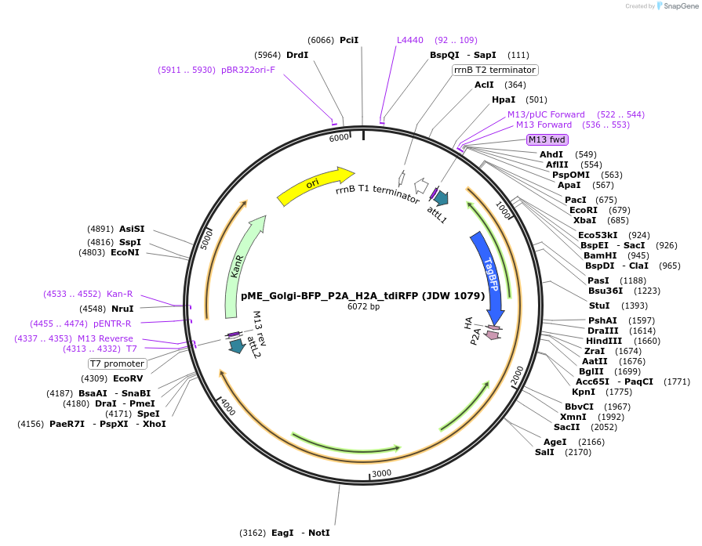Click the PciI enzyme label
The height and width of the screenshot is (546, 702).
coord(349,40)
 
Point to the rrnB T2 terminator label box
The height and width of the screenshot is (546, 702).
coord(495,70)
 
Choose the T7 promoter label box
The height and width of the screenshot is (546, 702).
coord(118,363)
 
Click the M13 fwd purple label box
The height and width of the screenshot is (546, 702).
coord(547,139)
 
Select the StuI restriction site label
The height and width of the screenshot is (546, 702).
coord(599,306)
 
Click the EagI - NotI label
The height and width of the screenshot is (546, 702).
coord(300,533)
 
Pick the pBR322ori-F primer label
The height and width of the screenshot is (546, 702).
coord(248,70)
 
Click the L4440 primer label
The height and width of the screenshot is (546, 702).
coord(410,40)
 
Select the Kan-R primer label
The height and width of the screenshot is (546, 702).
coord(119,294)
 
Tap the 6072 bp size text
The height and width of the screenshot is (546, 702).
coord(363,306)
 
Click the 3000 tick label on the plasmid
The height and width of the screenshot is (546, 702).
coord(381,474)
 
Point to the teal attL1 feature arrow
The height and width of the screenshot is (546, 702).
coord(441,199)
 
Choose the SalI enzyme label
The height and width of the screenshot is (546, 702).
coord(544,452)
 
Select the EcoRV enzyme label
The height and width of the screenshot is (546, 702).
coord(128,378)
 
